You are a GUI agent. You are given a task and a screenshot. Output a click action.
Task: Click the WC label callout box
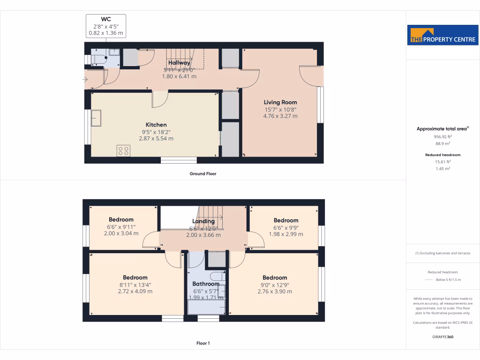point(106,26)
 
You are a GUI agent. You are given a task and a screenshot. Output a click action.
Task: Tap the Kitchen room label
point(156,125)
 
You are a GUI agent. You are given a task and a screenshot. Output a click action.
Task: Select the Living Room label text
point(280,102)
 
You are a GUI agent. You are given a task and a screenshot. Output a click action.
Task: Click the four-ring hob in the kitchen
point(124,150)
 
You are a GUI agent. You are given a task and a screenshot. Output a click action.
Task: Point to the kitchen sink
point(97,118)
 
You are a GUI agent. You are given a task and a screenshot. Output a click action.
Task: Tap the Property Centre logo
point(443,35)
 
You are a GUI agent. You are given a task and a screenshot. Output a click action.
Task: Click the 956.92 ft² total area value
point(442,137)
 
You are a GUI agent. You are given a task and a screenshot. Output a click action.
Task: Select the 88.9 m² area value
point(442,144)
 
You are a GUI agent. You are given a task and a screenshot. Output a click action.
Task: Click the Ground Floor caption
point(203,173)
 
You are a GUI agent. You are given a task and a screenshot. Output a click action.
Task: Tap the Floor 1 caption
point(203,343)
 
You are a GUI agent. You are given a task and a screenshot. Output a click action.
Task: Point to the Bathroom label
point(206,284)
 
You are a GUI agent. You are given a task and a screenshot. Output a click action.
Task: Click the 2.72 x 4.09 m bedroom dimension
point(135,291)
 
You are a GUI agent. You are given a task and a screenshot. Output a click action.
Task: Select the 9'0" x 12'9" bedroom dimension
point(275,285)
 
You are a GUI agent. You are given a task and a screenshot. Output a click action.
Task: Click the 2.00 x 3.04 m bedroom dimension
point(121,233)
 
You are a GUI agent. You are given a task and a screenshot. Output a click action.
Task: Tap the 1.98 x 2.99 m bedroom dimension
point(286,234)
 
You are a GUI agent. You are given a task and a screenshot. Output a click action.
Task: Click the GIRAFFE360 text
point(442,337)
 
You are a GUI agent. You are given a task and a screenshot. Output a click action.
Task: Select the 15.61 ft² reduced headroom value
point(442,162)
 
